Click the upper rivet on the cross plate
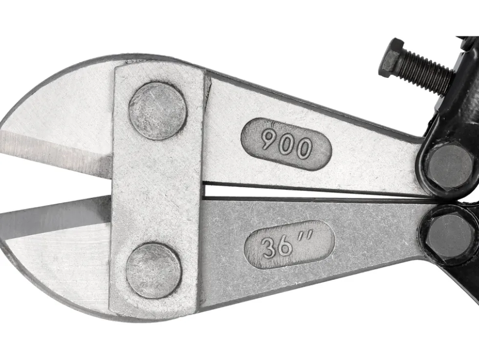point(157,111)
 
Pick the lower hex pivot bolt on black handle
point(449,236)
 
